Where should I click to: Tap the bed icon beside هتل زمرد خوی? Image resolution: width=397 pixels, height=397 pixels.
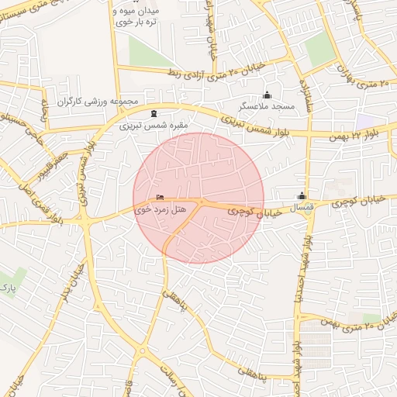click(161, 198)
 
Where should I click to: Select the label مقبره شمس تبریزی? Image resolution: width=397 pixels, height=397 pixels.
click(148, 125)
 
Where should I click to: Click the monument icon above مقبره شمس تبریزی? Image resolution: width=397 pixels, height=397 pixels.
click(154, 113)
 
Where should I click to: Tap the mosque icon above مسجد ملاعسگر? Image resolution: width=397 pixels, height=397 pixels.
click(268, 94)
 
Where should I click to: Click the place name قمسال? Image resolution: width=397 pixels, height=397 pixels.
click(300, 209)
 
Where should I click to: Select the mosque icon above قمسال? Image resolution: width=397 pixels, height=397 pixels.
click(302, 196)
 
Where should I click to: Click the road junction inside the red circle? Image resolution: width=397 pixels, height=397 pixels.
click(199, 202)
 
